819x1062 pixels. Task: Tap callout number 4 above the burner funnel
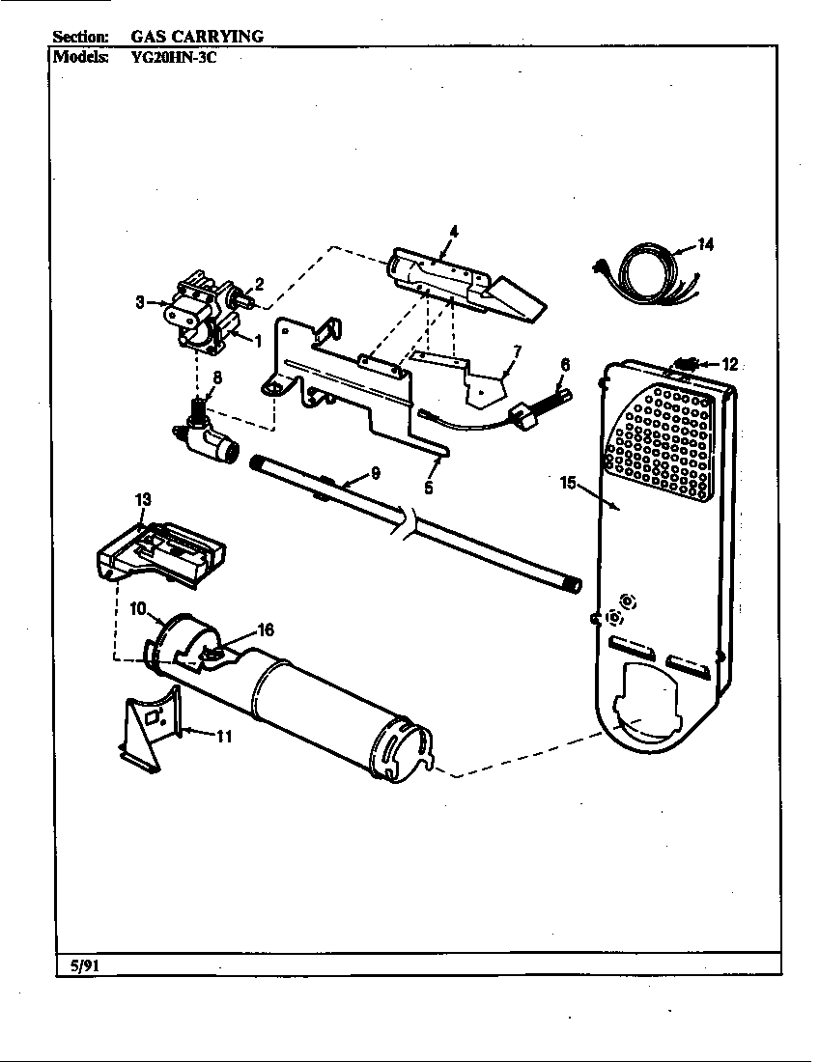[x=453, y=231]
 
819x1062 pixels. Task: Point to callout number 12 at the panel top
[x=729, y=364]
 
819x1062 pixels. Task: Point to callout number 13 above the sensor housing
[x=143, y=499]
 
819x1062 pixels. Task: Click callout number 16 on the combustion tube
[x=265, y=629]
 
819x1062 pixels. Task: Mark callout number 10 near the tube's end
[x=137, y=609]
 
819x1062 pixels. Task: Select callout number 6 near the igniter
[x=565, y=365]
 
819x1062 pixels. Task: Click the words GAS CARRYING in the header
[x=198, y=36]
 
